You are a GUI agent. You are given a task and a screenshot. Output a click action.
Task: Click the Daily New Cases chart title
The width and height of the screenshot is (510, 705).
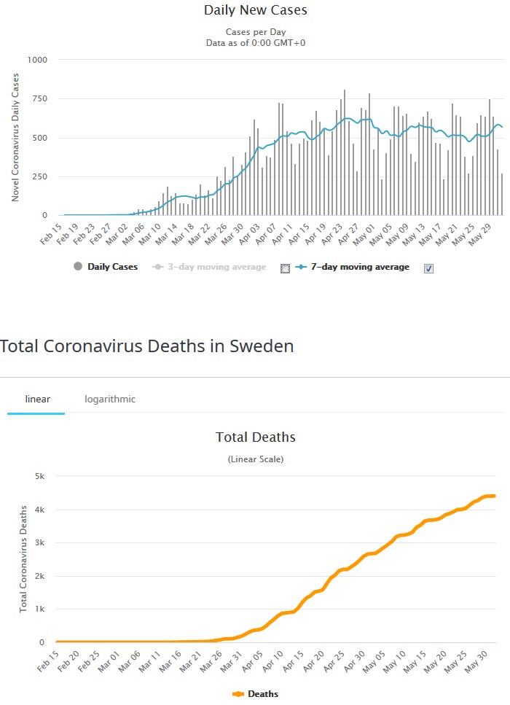coord(255,10)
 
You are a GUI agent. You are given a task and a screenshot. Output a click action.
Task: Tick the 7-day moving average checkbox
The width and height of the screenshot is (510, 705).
coord(429,268)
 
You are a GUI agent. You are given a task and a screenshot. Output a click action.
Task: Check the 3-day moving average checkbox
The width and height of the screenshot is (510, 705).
coord(285,268)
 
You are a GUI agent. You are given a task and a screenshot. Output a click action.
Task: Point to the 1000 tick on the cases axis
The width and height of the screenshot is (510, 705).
coord(36,60)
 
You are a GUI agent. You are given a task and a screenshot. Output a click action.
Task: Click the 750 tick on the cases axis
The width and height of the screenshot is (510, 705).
coord(38,99)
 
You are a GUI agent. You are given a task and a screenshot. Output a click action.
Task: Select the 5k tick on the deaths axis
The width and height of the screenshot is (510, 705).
coord(40,477)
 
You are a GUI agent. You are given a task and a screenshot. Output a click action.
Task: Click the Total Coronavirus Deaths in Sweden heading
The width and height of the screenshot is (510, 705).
coord(147,346)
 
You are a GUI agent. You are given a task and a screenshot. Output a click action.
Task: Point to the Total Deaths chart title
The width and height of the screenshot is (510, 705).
coord(255,437)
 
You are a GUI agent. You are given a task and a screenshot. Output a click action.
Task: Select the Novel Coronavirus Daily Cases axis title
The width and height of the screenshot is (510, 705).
coord(15,137)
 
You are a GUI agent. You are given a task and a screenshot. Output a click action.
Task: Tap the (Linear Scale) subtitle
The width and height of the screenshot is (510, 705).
coord(255,459)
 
